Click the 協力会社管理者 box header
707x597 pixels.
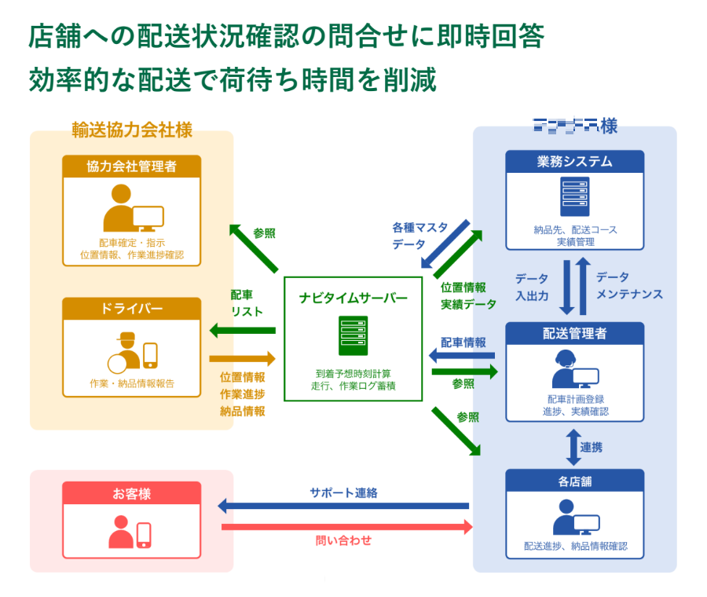click(131, 166)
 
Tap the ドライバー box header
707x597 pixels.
click(131, 309)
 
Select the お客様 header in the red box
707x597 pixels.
click(131, 493)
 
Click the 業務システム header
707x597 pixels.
click(574, 162)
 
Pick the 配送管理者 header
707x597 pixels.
click(574, 334)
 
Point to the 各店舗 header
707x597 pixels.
click(574, 480)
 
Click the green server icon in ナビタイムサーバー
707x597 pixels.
click(353, 335)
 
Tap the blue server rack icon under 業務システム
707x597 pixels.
click(574, 197)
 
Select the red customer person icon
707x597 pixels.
click(121, 532)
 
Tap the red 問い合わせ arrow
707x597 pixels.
click(346, 527)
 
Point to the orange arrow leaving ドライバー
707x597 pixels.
click(242, 359)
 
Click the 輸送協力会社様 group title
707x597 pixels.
click(131, 129)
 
